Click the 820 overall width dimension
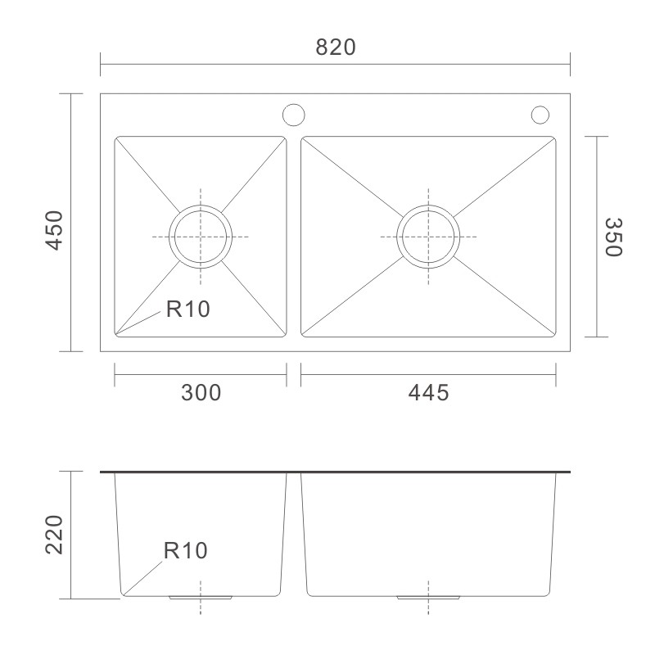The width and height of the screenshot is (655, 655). [x=336, y=47]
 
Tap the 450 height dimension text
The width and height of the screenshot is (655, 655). [x=55, y=231]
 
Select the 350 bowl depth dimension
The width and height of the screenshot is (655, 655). [x=613, y=237]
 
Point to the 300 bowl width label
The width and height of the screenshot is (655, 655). [x=201, y=393]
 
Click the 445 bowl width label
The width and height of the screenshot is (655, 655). [x=428, y=393]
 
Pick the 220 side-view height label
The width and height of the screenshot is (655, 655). [x=54, y=535]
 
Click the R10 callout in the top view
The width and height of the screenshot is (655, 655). [x=188, y=309]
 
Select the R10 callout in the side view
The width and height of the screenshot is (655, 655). [x=186, y=550]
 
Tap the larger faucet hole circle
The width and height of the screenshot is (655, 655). [x=294, y=104]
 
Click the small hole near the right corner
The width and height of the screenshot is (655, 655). [x=540, y=106]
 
